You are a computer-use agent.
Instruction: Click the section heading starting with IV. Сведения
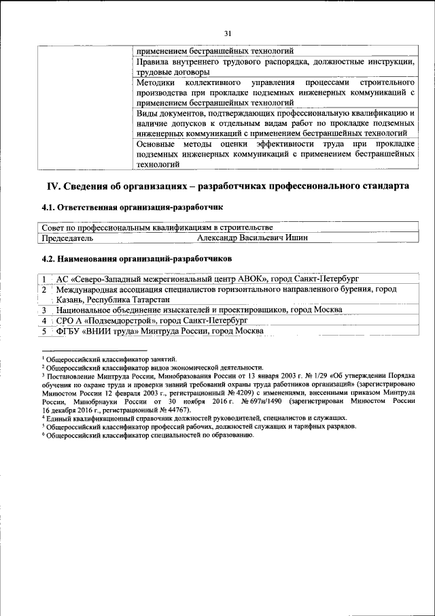coord(227,185)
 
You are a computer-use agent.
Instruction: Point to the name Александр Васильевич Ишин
coord(252,238)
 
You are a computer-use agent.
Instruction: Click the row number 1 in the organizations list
coord(43,278)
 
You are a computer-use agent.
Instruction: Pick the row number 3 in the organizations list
coord(43,309)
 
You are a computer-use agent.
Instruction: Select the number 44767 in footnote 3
coord(160,411)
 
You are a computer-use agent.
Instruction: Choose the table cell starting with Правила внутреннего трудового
coord(275,66)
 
